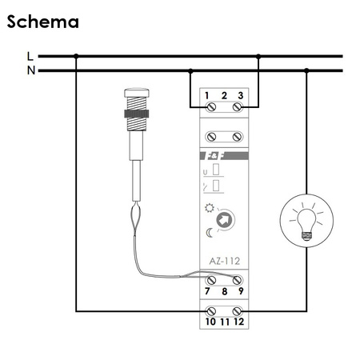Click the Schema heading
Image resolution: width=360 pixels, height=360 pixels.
pyautogui.click(x=43, y=22)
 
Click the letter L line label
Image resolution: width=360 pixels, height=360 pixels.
pyautogui.click(x=30, y=56)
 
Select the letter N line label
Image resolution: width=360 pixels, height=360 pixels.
pyautogui.click(x=30, y=70)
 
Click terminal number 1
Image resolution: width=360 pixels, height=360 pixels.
pyautogui.click(x=207, y=97)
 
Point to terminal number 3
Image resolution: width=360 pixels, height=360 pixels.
pyautogui.click(x=241, y=97)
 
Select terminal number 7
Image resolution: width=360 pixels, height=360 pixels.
pyautogui.click(x=208, y=292)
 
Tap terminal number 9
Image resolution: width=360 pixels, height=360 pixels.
pyautogui.click(x=240, y=292)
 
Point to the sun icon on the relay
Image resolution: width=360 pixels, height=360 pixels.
pyautogui.click(x=210, y=207)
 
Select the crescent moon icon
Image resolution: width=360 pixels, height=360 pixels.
pyautogui.click(x=210, y=232)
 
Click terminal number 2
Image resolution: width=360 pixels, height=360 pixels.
pyautogui.click(x=224, y=97)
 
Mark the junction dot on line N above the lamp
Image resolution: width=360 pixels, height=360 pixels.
pyautogui.click(x=307, y=70)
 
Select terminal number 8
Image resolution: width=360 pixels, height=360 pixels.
pyautogui.click(x=224, y=292)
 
